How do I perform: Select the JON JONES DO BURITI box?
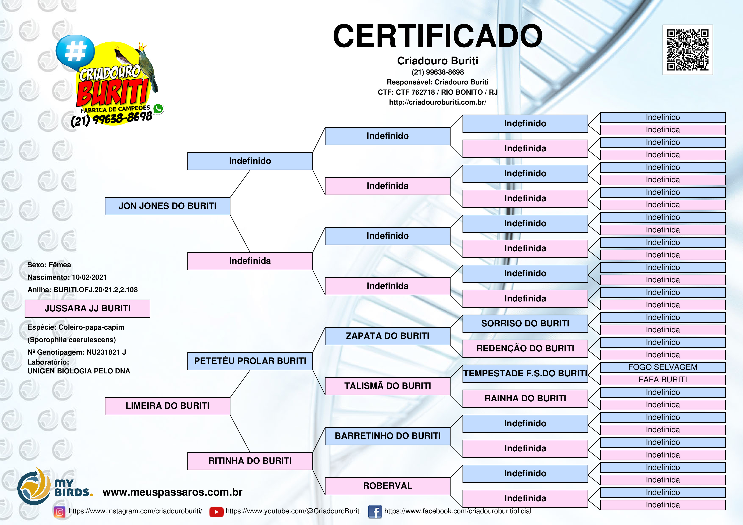(167, 206)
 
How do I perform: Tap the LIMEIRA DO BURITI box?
(167, 406)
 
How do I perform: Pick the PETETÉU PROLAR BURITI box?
(250, 361)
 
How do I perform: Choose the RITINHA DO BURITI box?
(250, 461)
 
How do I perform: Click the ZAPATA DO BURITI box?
(387, 336)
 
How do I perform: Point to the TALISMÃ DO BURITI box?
(387, 386)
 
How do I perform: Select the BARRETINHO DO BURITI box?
(387, 436)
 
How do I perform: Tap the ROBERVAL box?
(387, 486)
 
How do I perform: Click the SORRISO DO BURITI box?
(525, 323)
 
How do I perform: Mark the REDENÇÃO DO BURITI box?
(525, 348)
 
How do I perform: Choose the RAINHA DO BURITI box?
(525, 399)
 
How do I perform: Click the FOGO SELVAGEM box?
(663, 367)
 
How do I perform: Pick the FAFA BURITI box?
(663, 380)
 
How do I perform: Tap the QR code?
(688, 50)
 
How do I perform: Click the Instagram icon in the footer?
(60, 512)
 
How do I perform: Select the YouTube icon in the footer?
(216, 512)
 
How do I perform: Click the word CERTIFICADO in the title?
(438, 36)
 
